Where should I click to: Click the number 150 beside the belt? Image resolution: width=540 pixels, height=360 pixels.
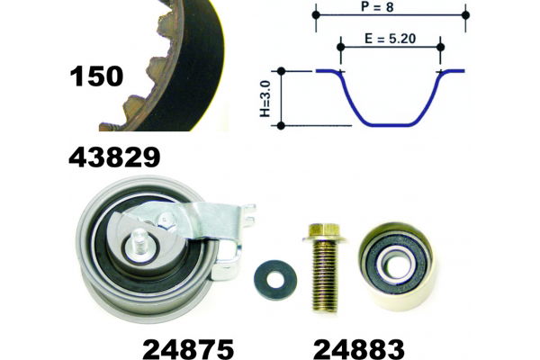(96, 76)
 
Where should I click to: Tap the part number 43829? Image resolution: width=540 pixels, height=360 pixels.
(114, 157)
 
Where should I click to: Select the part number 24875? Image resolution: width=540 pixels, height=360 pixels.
(188, 349)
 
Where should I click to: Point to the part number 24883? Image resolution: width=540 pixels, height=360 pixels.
(359, 349)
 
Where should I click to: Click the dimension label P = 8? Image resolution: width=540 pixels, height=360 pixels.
(377, 7)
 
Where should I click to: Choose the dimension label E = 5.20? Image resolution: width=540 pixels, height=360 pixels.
(391, 39)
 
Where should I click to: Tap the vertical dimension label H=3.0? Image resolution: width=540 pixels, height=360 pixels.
(265, 99)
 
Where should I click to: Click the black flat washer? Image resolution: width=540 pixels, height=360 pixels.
(275, 280)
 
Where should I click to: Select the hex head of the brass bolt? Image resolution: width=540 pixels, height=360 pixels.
(324, 232)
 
